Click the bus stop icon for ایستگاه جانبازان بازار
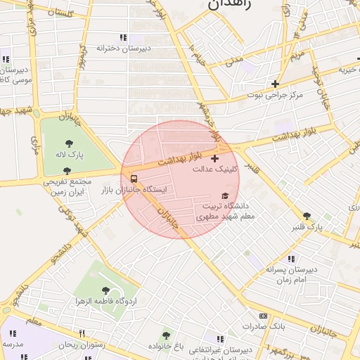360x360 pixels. click(x=134, y=179)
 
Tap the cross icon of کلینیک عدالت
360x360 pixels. click(x=214, y=158)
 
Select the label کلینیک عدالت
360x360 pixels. click(x=214, y=169)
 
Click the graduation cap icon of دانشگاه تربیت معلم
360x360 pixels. click(x=225, y=196)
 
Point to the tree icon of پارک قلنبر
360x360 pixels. click(x=306, y=217)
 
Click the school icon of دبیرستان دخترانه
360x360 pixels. click(x=123, y=37)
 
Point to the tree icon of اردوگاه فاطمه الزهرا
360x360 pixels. click(x=105, y=290)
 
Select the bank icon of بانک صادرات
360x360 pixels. click(x=263, y=316)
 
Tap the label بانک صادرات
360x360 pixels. click(x=262, y=327)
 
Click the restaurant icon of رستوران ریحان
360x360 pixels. click(x=82, y=333)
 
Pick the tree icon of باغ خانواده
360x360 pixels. click(x=166, y=335)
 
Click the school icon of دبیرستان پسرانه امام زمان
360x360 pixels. click(x=291, y=259)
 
